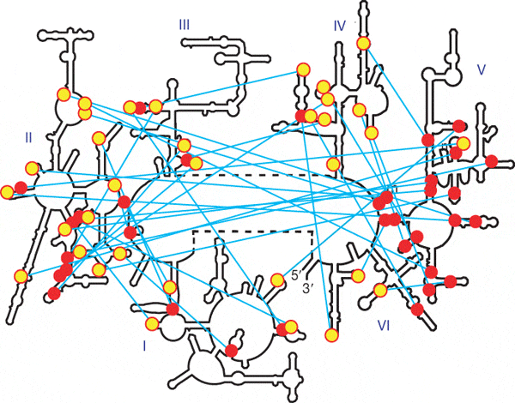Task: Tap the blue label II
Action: click(x=29, y=136)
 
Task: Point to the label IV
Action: click(x=339, y=27)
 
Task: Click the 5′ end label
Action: click(x=294, y=277)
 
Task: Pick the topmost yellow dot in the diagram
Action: click(x=364, y=44)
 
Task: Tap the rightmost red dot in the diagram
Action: click(x=492, y=160)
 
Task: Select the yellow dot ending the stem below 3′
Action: click(x=331, y=334)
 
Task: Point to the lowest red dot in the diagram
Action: click(x=232, y=351)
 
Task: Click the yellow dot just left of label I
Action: click(x=151, y=324)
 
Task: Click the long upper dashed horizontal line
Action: click(x=257, y=174)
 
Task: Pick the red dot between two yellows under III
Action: click(x=141, y=107)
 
